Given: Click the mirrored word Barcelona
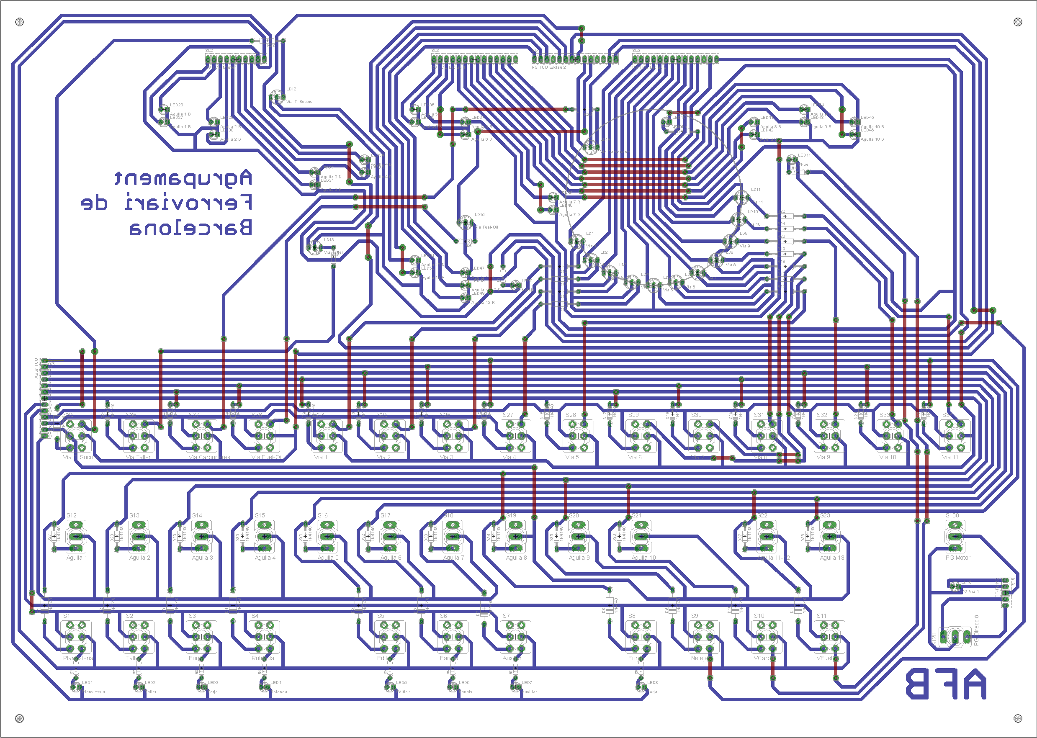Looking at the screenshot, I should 191,228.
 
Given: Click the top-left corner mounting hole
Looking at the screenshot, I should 20,22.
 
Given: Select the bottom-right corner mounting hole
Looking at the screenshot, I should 1018,718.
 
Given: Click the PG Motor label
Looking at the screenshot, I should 957,558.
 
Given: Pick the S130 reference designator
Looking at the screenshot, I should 952,515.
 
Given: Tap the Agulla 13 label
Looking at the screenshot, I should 831,558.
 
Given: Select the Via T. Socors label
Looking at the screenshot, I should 299,102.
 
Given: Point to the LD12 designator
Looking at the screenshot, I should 291,89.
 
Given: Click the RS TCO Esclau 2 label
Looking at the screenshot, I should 548,67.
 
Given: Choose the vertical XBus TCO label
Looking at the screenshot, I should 36,368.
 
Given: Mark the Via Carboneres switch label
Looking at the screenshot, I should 209,457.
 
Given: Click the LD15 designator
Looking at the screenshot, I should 479,214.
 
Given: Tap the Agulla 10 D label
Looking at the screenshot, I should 872,139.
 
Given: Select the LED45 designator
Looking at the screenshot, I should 867,118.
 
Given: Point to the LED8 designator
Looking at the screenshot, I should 652,683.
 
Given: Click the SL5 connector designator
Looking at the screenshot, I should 636,51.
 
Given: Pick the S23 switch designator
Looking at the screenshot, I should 825,515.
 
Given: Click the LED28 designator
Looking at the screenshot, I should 176,105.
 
